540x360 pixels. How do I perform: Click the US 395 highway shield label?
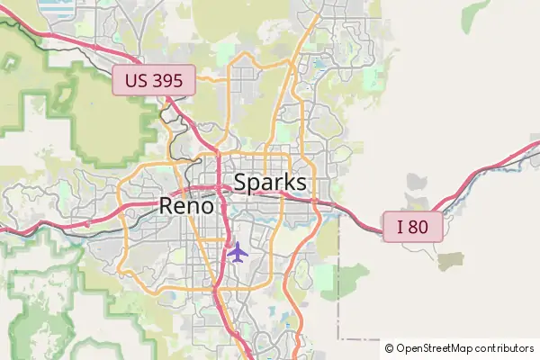pos(154,81)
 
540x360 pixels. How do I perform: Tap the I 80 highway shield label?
pos(413,227)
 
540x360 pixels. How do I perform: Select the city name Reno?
pos(187,205)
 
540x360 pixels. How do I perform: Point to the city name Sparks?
pos(270,183)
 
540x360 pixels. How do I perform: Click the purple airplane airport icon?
pos(238,252)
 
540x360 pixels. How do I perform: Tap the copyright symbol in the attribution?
pos(390,348)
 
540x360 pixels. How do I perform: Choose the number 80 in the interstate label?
pos(418,227)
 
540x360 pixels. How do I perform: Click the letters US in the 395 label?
pos(136,81)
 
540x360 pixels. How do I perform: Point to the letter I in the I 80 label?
pos(400,227)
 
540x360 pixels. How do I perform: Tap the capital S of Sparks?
pos(241,183)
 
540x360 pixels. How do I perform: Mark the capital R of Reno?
pos(167,205)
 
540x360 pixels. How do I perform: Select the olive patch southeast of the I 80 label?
pos(450,261)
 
